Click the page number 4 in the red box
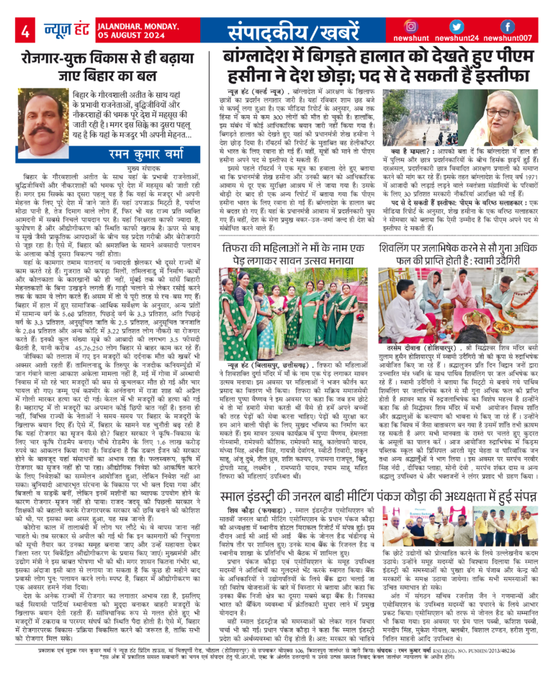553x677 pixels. pos(24,31)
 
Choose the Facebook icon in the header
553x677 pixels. pos(507,26)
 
